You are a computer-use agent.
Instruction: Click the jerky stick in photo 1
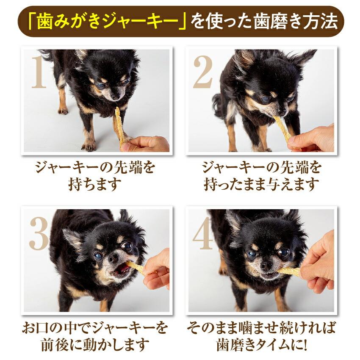120,125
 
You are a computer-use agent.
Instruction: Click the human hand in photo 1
148,144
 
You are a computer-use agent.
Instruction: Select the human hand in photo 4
318,263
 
